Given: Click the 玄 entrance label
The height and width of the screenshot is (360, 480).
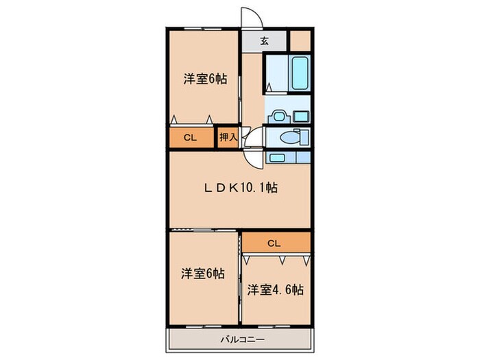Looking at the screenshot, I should [x=264, y=40].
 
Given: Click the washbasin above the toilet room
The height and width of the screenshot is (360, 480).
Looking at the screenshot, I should [x=278, y=115].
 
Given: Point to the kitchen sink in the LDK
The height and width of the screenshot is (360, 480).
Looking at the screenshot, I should [x=277, y=158].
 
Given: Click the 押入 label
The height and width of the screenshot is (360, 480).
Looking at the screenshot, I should [x=228, y=138].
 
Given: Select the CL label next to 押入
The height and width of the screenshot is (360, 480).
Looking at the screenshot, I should [x=190, y=138].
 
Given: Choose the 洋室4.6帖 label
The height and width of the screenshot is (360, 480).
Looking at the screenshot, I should [x=275, y=289].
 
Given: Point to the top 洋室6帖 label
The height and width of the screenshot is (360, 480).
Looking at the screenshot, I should [x=204, y=79].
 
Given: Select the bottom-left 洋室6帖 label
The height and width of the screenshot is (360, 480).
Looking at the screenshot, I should [x=203, y=274].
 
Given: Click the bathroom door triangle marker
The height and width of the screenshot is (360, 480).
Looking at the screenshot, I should [x=269, y=87].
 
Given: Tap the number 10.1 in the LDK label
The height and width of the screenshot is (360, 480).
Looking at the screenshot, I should [x=252, y=187].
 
